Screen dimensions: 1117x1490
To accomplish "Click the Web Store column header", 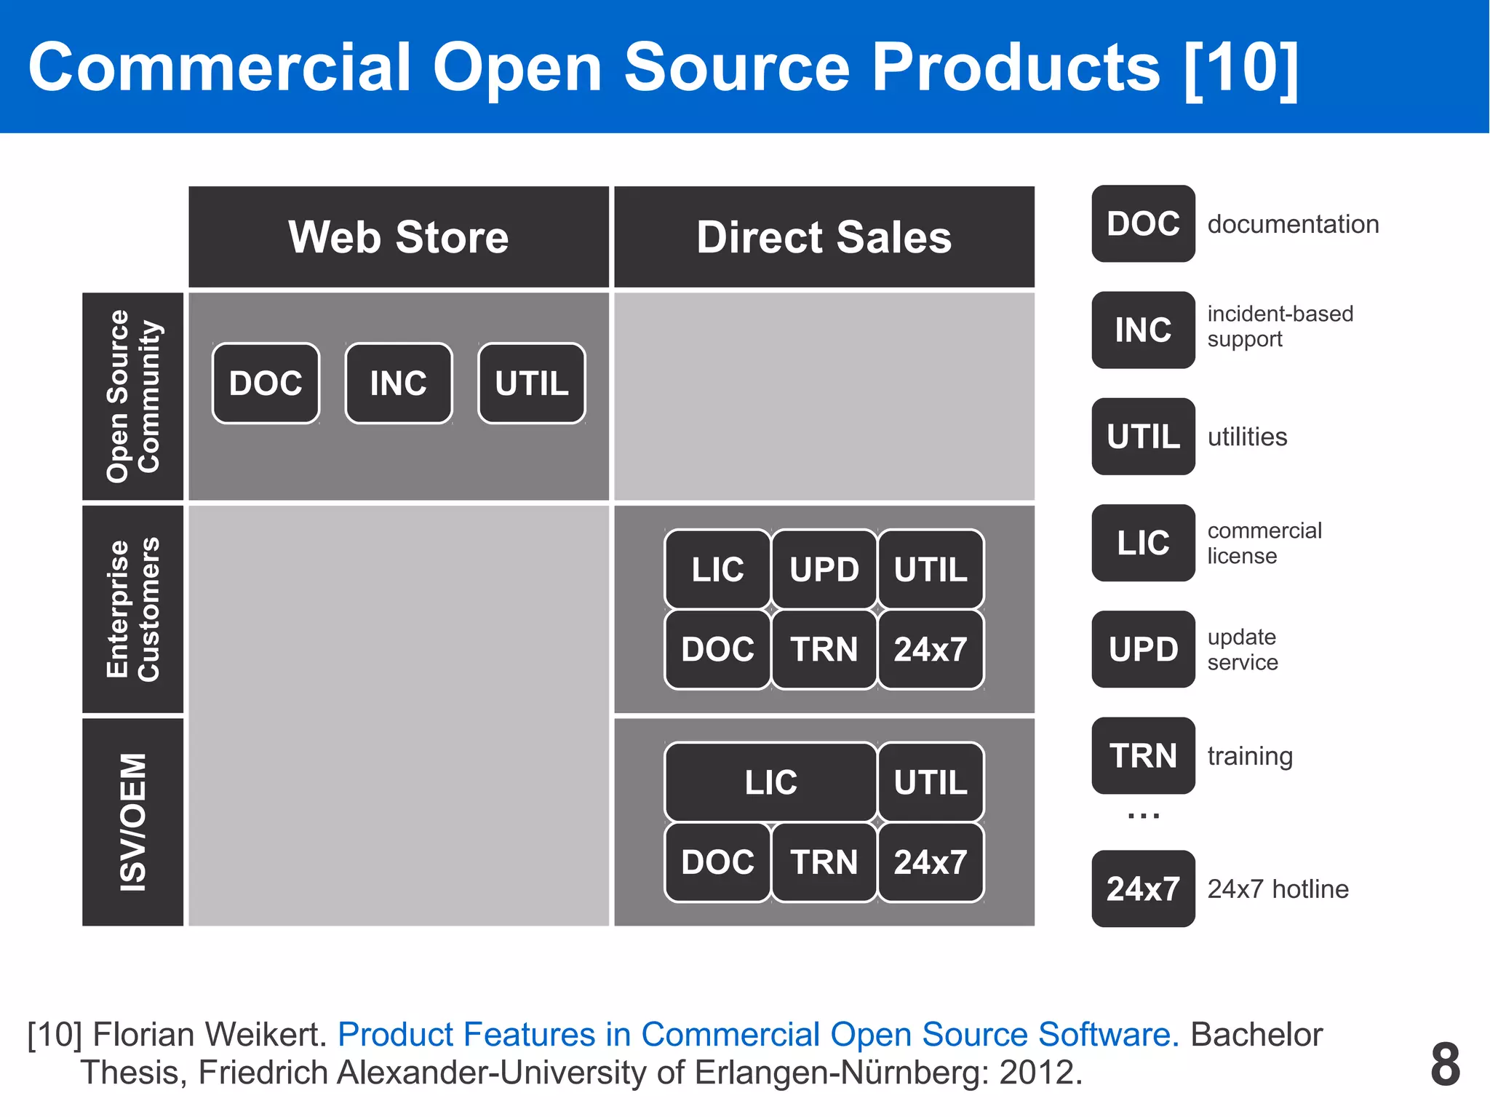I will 399,237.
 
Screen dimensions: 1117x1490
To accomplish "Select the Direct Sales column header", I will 824,237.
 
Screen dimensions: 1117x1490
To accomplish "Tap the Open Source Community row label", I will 132,397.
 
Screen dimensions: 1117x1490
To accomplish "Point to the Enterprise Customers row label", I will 132,610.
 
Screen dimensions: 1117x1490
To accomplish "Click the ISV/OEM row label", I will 132,822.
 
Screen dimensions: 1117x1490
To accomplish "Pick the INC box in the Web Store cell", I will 399,383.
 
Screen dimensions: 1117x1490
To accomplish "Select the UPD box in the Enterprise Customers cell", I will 824,569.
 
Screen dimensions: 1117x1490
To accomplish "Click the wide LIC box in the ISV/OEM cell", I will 770,782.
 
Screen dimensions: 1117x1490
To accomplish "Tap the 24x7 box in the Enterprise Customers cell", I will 931,649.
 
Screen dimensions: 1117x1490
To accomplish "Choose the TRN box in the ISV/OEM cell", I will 824,862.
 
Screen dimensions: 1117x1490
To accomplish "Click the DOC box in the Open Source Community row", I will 266,383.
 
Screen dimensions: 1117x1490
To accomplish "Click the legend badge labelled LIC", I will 1143,543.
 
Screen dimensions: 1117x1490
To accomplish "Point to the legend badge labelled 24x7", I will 1143,889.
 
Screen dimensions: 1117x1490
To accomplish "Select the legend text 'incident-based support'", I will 1280,327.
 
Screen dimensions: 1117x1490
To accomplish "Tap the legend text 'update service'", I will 1243,650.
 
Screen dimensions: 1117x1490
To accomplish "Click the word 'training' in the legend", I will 1250,756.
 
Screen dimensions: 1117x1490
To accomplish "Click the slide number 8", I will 1445,1064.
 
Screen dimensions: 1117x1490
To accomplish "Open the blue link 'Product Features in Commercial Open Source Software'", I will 757,1034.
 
